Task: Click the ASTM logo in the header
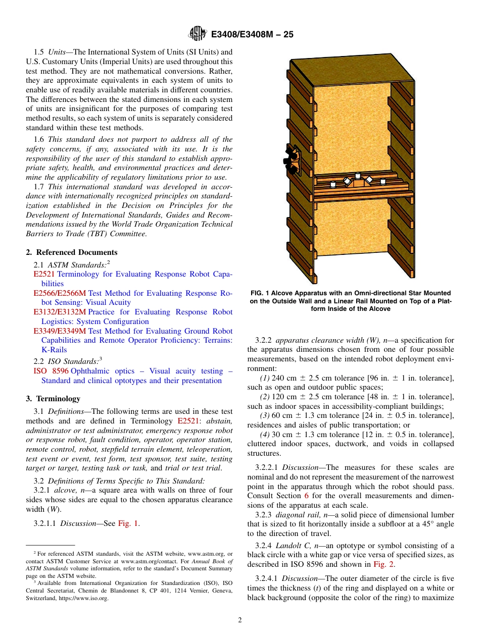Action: point(197,34)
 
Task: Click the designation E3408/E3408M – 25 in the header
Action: point(252,34)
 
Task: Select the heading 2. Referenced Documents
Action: point(72,252)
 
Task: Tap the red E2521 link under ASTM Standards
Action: point(43,274)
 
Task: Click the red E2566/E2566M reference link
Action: point(60,293)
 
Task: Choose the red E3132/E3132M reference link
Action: point(60,312)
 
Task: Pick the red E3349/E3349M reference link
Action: point(60,331)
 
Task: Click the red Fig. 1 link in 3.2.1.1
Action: point(128,523)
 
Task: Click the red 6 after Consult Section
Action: point(306,496)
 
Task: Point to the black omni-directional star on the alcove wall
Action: point(291,161)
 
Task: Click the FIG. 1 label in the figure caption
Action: point(262,293)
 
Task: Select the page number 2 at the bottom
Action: point(240,620)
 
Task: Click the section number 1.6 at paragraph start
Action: point(39,139)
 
